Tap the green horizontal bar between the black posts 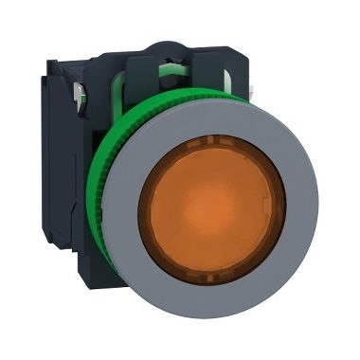click(171, 94)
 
